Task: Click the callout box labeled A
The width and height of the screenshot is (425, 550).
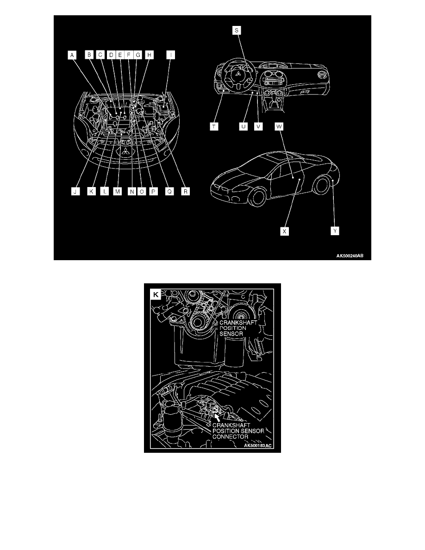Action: [x=72, y=55]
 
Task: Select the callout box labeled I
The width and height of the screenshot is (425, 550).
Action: [x=171, y=55]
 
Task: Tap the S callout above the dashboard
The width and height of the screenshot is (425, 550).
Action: [x=237, y=31]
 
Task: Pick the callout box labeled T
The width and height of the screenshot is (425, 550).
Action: [x=214, y=126]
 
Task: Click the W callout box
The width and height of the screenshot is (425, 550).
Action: [x=279, y=126]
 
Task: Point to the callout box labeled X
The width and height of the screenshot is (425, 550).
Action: [x=284, y=231]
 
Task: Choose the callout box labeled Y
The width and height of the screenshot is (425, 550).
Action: [x=335, y=231]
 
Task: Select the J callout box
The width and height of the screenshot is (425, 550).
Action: [x=75, y=192]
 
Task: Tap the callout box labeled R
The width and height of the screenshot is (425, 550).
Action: [x=186, y=192]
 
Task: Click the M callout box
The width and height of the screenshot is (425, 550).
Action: [x=118, y=192]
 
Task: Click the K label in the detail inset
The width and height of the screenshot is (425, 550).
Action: [x=156, y=294]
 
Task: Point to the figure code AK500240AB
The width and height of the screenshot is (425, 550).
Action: [x=350, y=256]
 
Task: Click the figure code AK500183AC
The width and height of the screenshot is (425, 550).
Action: [x=258, y=445]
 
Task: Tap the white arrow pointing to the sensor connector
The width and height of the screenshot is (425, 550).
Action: [x=218, y=417]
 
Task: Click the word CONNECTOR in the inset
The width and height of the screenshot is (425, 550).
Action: [x=231, y=437]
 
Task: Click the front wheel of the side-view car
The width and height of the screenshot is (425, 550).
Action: [x=258, y=197]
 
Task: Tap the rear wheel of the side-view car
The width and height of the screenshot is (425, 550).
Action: [x=322, y=185]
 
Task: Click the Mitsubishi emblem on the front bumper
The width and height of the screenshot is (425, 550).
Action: [x=125, y=151]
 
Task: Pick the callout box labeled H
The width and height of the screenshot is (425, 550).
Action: [x=149, y=55]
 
